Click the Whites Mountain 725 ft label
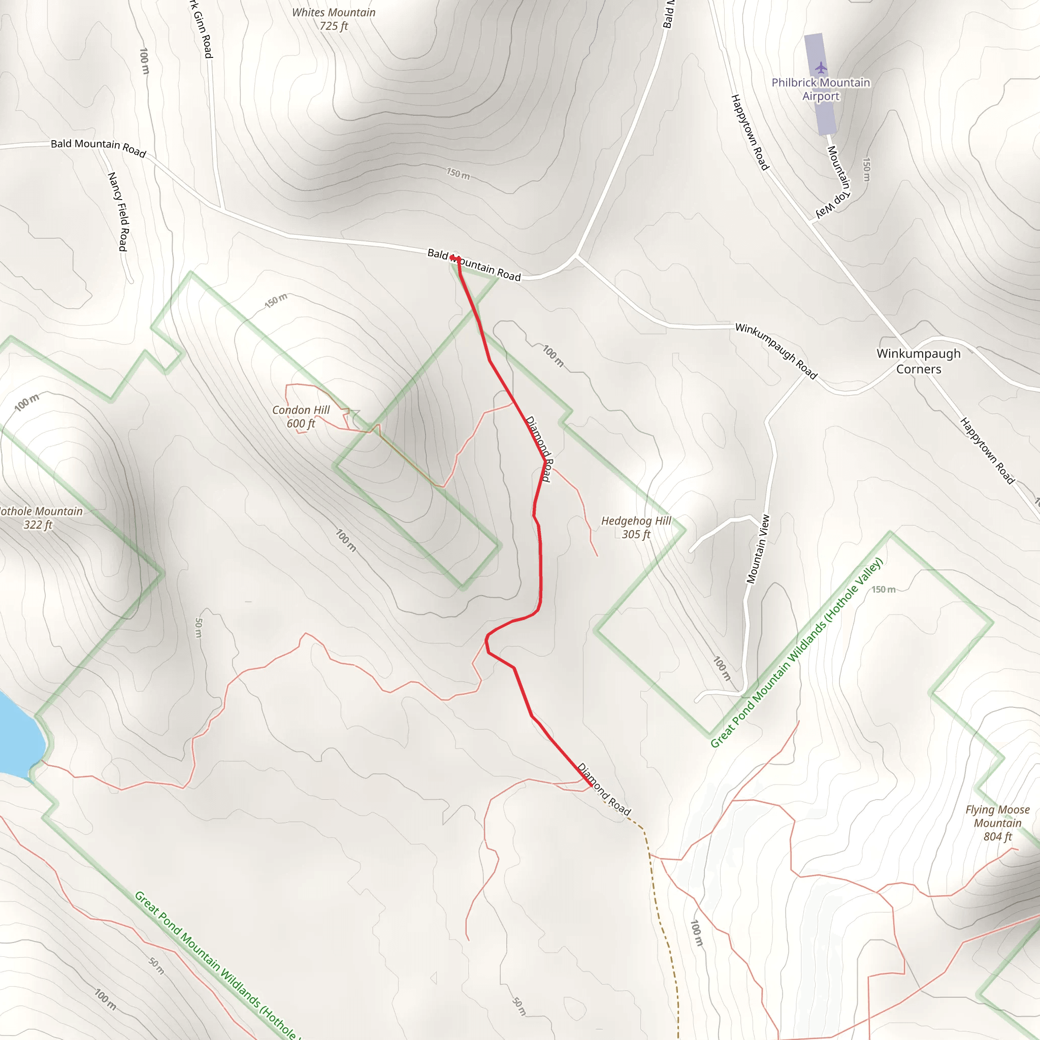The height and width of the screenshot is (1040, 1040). [333, 19]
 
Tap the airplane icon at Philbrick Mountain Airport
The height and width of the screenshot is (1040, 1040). [821, 68]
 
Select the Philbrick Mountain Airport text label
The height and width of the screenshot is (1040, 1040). [821, 89]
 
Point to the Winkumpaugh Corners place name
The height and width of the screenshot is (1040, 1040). [918, 361]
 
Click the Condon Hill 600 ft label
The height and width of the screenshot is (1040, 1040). [301, 416]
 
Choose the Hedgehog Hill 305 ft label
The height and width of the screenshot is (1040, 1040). [636, 528]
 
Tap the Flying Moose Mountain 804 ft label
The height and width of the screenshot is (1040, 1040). [997, 823]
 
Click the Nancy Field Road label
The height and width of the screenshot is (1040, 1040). [118, 212]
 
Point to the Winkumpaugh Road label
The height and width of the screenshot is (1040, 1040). [776, 350]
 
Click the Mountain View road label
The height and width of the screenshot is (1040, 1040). [758, 549]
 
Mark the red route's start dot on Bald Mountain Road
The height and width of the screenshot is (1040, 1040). [453, 258]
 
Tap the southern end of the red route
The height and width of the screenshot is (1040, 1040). [592, 786]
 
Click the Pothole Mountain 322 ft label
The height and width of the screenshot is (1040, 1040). [39, 518]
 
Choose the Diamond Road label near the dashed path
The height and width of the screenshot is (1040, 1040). [603, 789]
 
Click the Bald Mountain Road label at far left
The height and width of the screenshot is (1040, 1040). [98, 147]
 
